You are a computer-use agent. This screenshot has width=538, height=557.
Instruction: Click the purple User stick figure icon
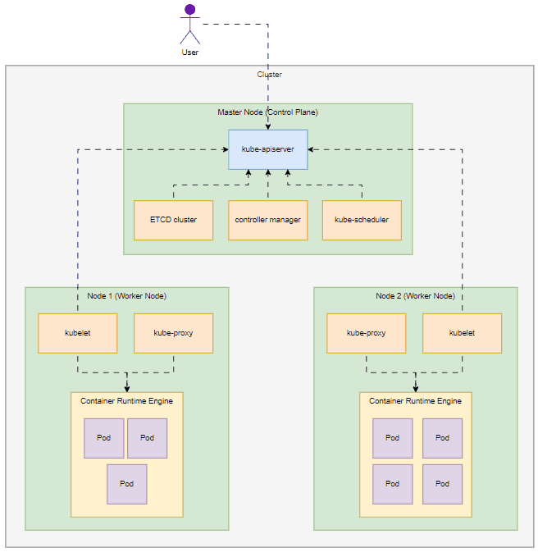pos(190,24)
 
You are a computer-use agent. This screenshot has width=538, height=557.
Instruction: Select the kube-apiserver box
pos(267,149)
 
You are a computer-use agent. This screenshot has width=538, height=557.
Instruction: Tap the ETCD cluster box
pos(173,220)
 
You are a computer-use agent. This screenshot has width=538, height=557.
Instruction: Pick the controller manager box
pos(267,220)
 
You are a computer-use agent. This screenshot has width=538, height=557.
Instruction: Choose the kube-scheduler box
pos(362,220)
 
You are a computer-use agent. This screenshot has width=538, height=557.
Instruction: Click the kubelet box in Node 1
pos(78,333)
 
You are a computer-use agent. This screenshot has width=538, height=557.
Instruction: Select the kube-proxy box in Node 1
pos(173,333)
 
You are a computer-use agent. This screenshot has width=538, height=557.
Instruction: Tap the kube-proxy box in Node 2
pos(366,333)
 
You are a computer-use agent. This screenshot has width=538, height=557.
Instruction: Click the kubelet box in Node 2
pos(462,333)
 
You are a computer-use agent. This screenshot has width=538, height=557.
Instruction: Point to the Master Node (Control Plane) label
pos(267,112)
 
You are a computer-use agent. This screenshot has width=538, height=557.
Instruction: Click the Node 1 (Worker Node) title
pos(126,295)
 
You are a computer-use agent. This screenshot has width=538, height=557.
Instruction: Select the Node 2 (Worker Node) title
pos(415,295)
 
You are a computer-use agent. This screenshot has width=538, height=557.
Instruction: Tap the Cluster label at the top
pos(269,74)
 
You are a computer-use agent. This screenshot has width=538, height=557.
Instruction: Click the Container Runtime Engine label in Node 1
pos(126,400)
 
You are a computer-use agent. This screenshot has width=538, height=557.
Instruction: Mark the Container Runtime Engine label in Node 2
pos(415,400)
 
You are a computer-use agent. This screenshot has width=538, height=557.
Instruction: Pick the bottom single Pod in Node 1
pos(126,484)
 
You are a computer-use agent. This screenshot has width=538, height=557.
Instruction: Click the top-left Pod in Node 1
pos(103,438)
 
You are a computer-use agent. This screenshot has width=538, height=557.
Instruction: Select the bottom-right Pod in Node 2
pos(442,484)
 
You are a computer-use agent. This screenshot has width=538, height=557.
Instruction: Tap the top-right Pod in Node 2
pos(442,438)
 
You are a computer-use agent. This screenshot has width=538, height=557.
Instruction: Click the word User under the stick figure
pos(190,53)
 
